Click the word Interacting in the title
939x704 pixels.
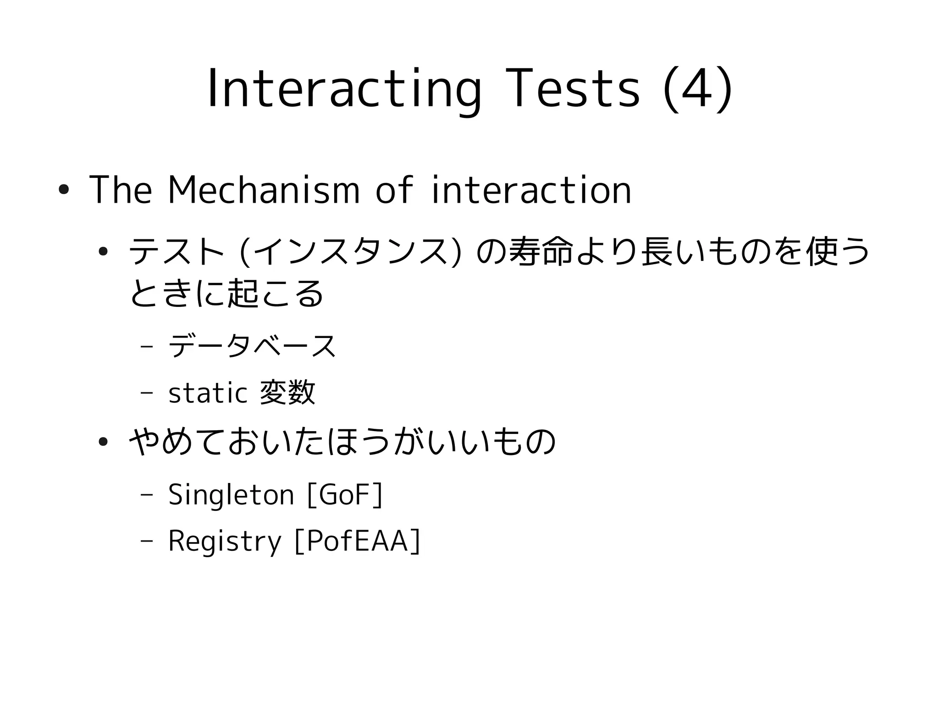click(x=344, y=89)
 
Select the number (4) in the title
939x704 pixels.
click(x=697, y=89)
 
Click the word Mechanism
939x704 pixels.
click(x=264, y=190)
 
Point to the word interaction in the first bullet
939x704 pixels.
click(x=531, y=190)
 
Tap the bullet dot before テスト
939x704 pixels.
click(x=103, y=251)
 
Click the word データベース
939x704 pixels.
click(x=253, y=346)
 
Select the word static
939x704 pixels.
click(x=208, y=393)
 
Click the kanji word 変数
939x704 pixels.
click(x=287, y=393)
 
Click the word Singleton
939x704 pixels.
click(x=231, y=495)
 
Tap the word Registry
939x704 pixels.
click(x=224, y=541)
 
